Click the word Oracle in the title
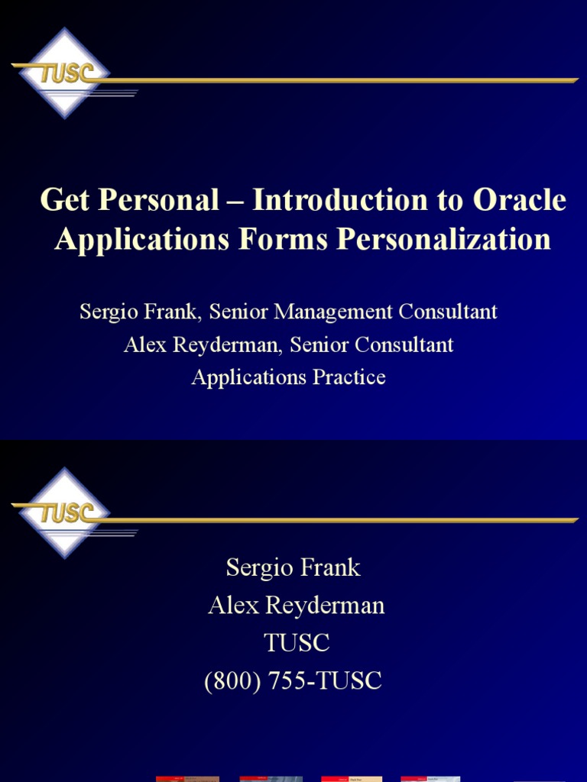(521, 201)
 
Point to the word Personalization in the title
(444, 239)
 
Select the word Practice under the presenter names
(349, 377)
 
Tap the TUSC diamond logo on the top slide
(65, 73)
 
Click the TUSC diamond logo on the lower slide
(65, 512)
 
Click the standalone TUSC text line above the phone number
(297, 644)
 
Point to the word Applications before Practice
(250, 377)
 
